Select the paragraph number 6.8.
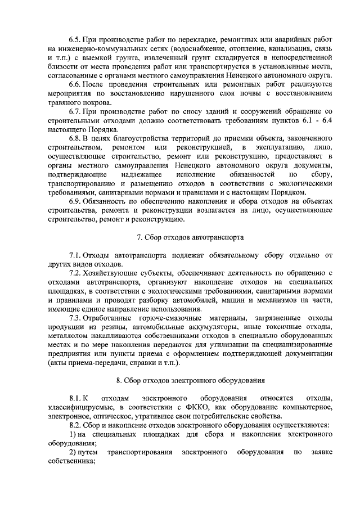coord(74,138)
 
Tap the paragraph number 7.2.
coord(74,273)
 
